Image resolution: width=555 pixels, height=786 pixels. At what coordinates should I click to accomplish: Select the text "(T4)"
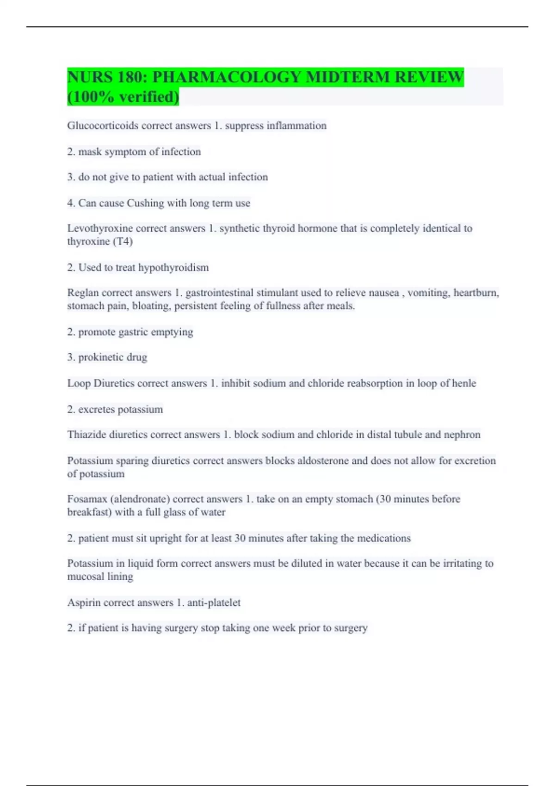123,241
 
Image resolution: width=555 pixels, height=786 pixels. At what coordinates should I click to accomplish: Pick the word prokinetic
100,357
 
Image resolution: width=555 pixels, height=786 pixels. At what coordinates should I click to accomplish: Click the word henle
464,383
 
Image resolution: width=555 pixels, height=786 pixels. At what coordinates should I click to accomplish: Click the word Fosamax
87,499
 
